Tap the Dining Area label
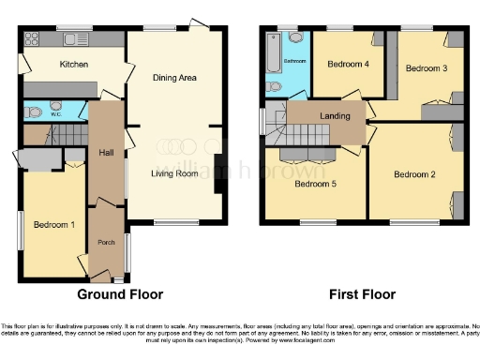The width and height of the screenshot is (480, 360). point(174,78)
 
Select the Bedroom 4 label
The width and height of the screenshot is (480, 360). point(347,65)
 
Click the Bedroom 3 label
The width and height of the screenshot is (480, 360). point(426,68)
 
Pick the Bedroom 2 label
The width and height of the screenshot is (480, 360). point(413,174)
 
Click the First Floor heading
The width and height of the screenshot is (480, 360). point(360,294)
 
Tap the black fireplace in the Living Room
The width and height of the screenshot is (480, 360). point(218,172)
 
